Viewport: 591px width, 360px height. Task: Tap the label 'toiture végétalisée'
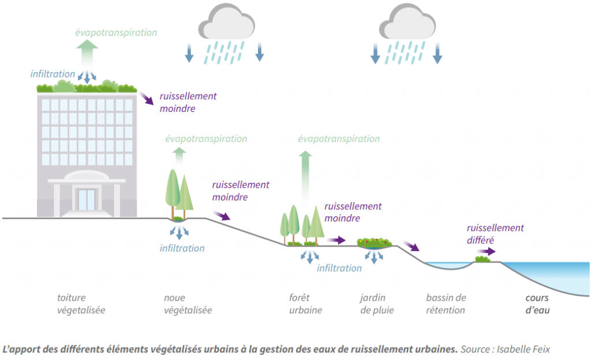point(81,304)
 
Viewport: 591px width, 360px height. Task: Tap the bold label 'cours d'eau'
point(537,304)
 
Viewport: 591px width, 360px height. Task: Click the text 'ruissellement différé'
point(495,234)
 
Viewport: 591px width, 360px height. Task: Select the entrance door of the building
point(87,199)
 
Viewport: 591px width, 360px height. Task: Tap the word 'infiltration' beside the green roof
point(53,74)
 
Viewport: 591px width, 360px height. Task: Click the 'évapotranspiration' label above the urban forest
point(339,138)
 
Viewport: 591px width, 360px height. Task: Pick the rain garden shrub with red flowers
point(375,243)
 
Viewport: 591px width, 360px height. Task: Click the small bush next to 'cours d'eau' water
point(482,260)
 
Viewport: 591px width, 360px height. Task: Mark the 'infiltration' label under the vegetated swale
point(182,248)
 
